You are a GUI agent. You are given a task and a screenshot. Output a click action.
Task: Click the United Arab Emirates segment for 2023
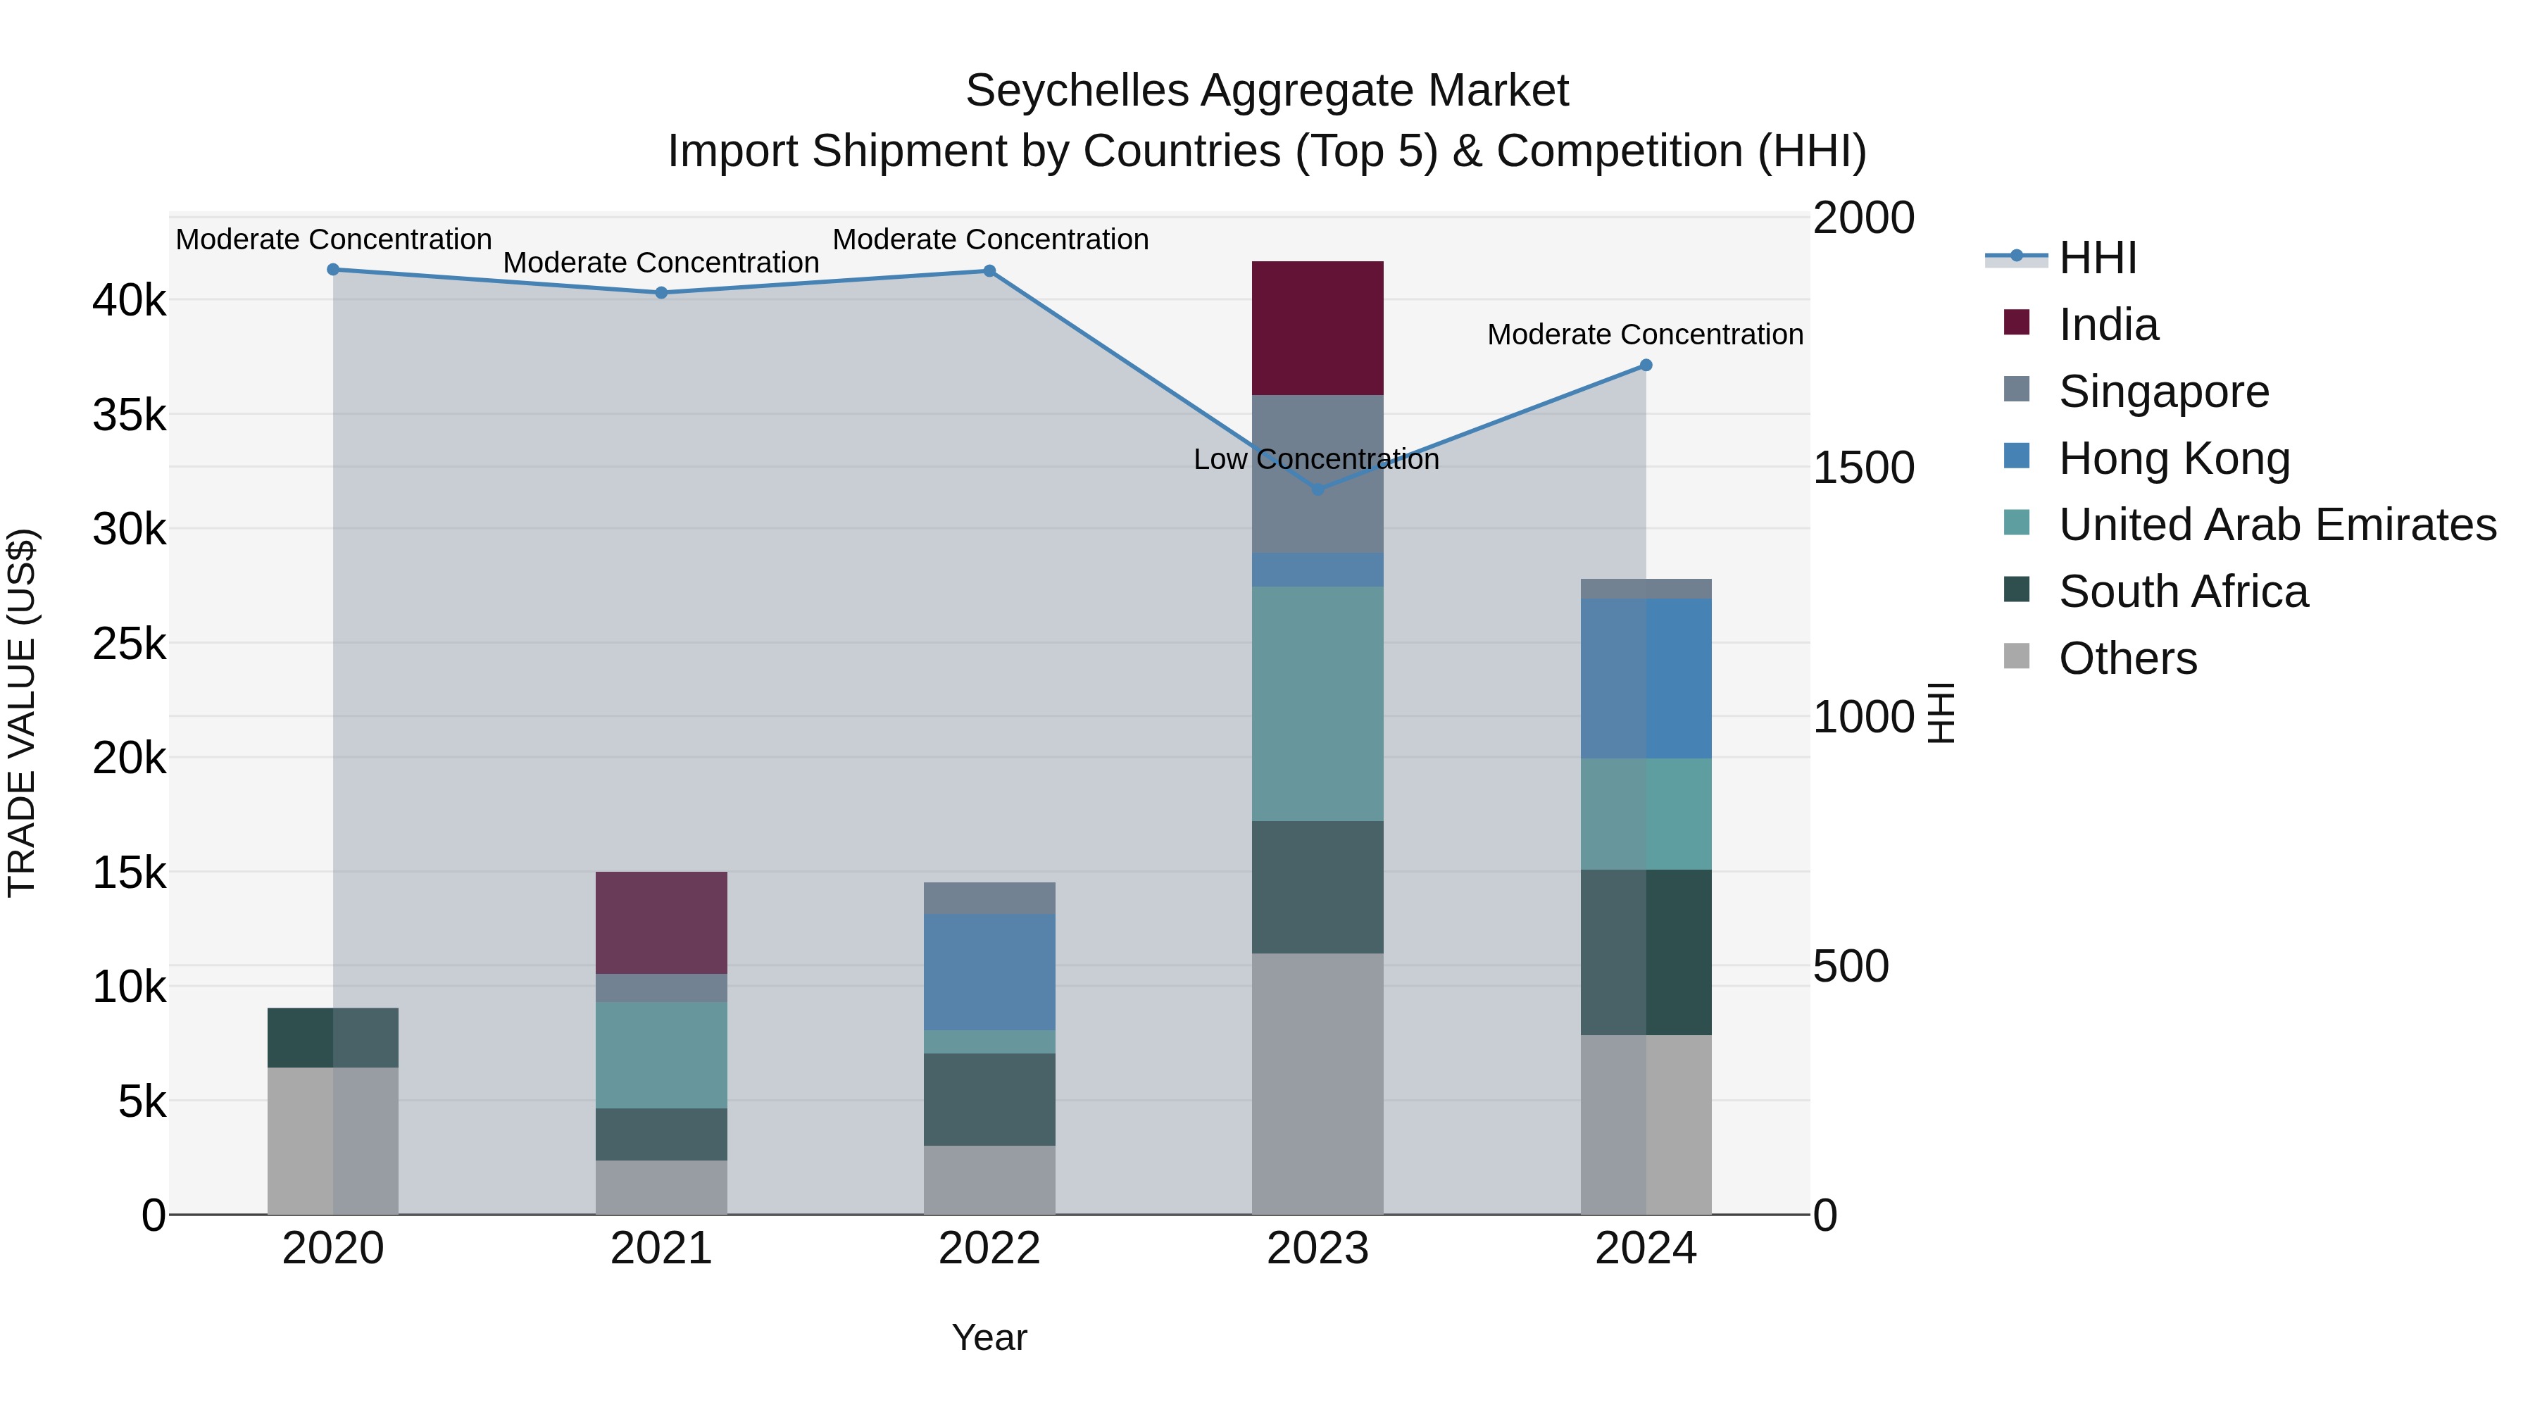point(1317,703)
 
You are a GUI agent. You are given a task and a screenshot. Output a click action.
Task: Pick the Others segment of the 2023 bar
point(1317,1082)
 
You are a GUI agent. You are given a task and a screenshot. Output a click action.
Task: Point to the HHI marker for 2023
point(1317,489)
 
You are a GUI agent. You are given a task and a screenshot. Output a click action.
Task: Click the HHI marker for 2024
point(1646,365)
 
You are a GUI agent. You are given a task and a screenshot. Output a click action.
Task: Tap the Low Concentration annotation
point(1315,460)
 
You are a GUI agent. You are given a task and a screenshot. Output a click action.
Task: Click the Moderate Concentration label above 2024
point(1644,334)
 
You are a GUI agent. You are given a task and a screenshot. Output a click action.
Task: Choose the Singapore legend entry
point(2163,391)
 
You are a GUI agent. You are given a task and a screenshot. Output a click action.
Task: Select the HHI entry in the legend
point(2096,258)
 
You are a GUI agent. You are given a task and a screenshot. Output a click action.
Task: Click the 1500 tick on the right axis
point(1863,468)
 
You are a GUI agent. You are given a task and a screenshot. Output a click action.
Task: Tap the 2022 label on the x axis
point(989,1249)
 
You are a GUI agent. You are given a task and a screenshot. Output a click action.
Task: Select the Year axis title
point(989,1337)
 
